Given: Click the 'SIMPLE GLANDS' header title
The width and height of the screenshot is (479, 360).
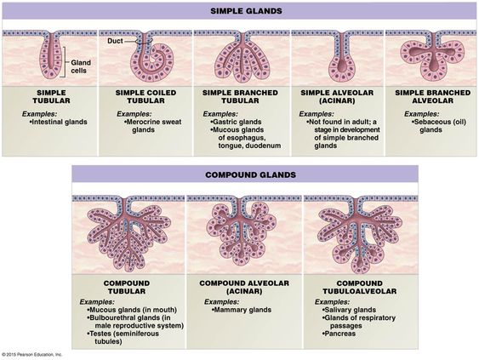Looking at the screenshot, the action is point(246,11).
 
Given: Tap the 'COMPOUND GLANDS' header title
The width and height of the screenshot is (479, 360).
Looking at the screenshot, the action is point(250,174).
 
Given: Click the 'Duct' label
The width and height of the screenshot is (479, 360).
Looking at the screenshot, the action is point(115,41).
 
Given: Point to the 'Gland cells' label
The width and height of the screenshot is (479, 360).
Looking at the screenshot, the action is point(81,66).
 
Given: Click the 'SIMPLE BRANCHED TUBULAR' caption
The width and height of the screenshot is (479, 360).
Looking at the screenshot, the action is point(240,96).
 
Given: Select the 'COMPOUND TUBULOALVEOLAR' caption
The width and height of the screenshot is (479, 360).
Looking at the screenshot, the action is point(360,288).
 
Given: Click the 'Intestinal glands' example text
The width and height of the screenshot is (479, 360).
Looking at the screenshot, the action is point(59,122).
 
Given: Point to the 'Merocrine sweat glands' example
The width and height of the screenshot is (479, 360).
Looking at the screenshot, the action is point(153,126).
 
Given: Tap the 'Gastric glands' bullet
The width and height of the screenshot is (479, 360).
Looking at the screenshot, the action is point(236,122).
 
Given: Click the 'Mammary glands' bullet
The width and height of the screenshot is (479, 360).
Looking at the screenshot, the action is point(242,310).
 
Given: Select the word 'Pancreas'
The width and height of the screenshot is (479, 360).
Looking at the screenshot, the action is point(339,334).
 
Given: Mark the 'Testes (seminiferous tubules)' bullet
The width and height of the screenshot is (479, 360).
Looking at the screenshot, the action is point(123,338).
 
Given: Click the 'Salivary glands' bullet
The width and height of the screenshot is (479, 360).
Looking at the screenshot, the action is point(349,310).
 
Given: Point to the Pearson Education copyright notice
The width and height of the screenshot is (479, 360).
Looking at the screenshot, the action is point(31,355).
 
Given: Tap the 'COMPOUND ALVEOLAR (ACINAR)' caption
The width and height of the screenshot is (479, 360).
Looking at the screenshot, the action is point(244,288).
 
